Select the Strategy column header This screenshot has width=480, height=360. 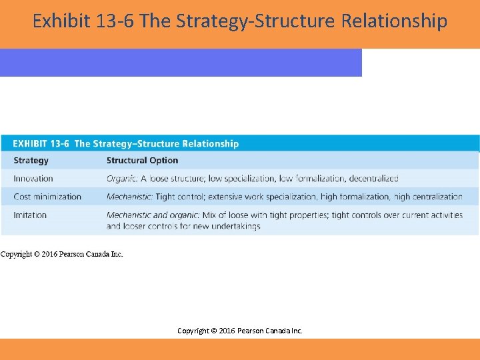pyautogui.click(x=31, y=160)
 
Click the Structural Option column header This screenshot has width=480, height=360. pyautogui.click(x=142, y=160)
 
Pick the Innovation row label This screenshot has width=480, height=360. pyautogui.click(x=33, y=178)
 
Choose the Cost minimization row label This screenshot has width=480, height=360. pyautogui.click(x=47, y=197)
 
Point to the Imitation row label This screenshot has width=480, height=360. pyautogui.click(x=30, y=215)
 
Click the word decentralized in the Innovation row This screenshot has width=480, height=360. pyautogui.click(x=373, y=178)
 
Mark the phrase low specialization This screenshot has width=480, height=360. pyautogui.click(x=241, y=178)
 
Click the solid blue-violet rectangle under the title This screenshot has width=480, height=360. pyautogui.click(x=180, y=63)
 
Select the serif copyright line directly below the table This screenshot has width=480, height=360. pyautogui.click(x=61, y=254)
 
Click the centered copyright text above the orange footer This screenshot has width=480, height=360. pyautogui.click(x=239, y=331)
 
